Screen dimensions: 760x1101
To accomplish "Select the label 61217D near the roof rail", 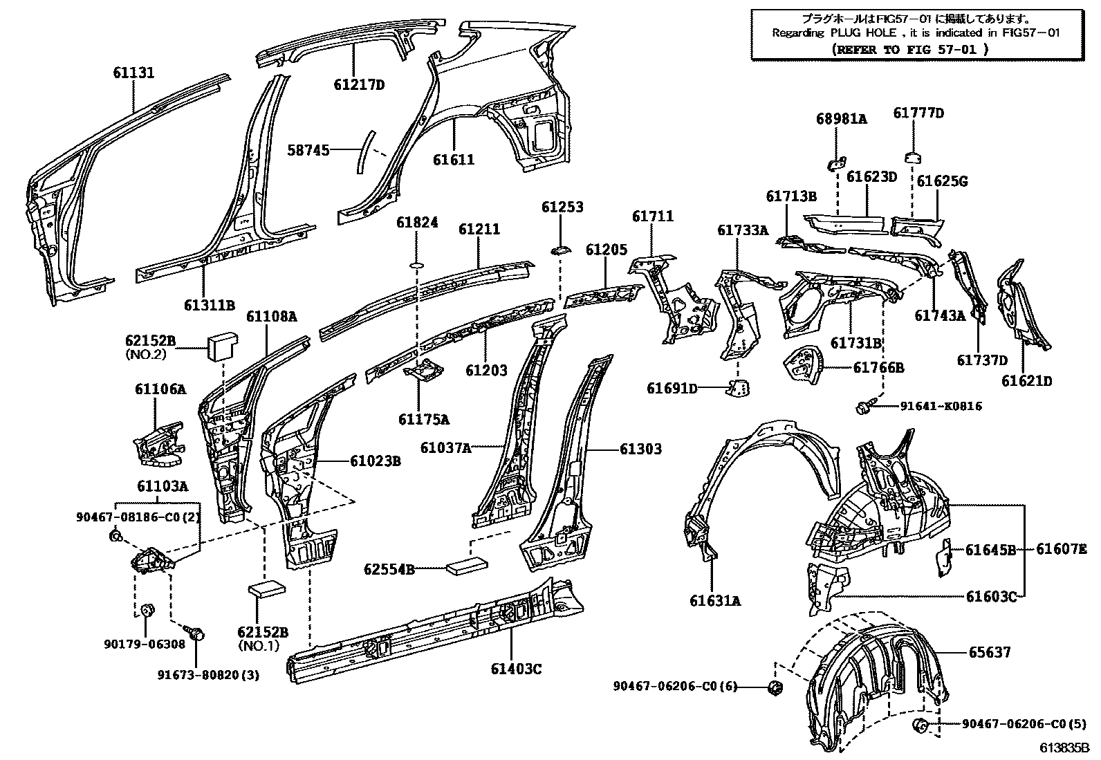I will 358,85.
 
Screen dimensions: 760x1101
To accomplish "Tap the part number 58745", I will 308,149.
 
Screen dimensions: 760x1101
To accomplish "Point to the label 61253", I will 562,207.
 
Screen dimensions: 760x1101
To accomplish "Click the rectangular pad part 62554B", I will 467,566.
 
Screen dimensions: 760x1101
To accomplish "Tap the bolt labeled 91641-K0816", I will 864,408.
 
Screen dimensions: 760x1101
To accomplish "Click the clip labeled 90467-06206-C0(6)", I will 776,687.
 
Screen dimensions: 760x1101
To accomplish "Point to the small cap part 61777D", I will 913,156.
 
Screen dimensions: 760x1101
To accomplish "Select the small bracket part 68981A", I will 835,164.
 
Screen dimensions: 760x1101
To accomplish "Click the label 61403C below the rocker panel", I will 516,669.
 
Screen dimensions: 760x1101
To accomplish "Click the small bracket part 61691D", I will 739,389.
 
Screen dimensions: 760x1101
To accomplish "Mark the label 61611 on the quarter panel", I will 454,160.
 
